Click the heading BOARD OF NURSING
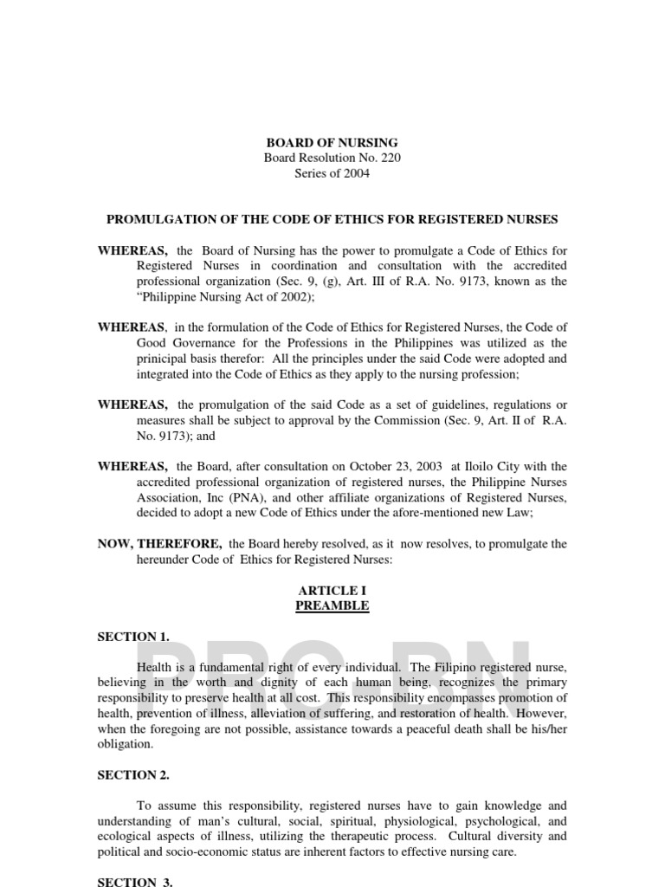coord(332,142)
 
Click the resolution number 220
coord(390,158)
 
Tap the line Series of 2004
coord(332,173)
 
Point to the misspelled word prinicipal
coord(165,359)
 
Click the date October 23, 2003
coord(401,467)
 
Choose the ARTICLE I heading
coord(332,591)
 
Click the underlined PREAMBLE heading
coord(332,605)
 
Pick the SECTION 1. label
coord(133,637)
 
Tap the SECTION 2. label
coord(133,775)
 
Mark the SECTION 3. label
coord(135,882)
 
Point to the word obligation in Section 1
coord(126,744)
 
